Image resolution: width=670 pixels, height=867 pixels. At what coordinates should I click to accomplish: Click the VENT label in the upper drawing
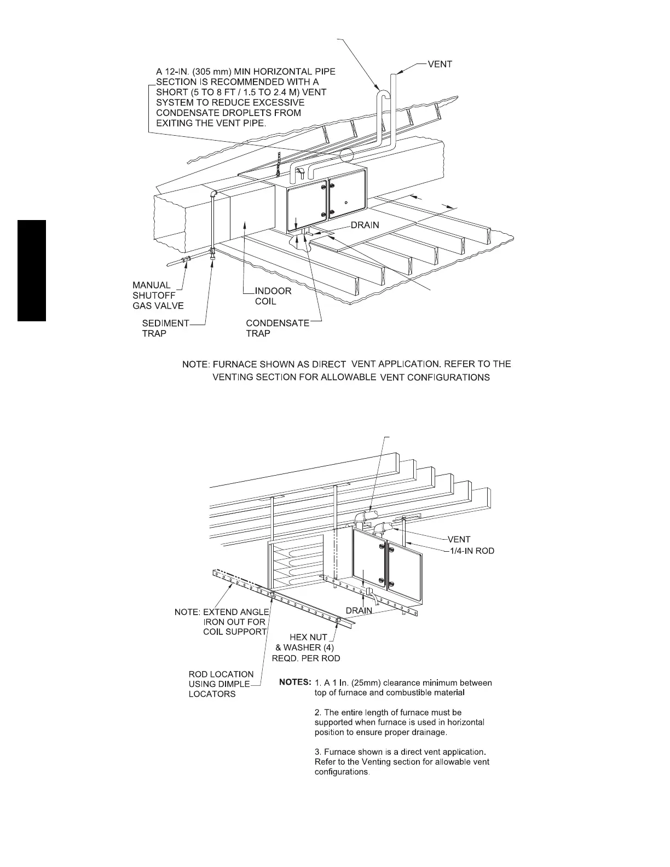click(x=440, y=65)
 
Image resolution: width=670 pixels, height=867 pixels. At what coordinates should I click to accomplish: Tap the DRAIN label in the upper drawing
click(x=365, y=225)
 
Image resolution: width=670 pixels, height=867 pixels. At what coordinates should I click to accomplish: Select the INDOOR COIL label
click(x=273, y=296)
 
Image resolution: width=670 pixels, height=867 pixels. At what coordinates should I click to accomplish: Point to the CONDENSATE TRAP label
click(x=277, y=328)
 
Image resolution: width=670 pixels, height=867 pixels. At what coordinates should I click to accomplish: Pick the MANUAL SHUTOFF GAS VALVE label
click(x=158, y=296)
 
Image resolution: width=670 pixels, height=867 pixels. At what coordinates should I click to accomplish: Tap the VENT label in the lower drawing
click(x=459, y=540)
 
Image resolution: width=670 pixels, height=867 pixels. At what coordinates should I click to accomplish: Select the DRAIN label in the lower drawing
click(x=359, y=610)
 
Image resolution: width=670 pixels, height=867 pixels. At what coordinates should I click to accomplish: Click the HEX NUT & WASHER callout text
click(x=306, y=648)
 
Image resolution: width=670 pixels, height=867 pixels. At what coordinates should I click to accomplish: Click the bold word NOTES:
click(x=295, y=683)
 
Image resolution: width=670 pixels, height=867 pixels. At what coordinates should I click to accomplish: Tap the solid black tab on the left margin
click(x=32, y=270)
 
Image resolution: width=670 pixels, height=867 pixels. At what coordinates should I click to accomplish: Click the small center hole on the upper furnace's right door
click(x=347, y=203)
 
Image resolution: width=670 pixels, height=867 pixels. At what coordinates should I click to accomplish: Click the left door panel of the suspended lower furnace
click(x=369, y=562)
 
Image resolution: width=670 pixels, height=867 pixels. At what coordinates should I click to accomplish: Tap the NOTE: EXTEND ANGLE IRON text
click(x=221, y=622)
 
